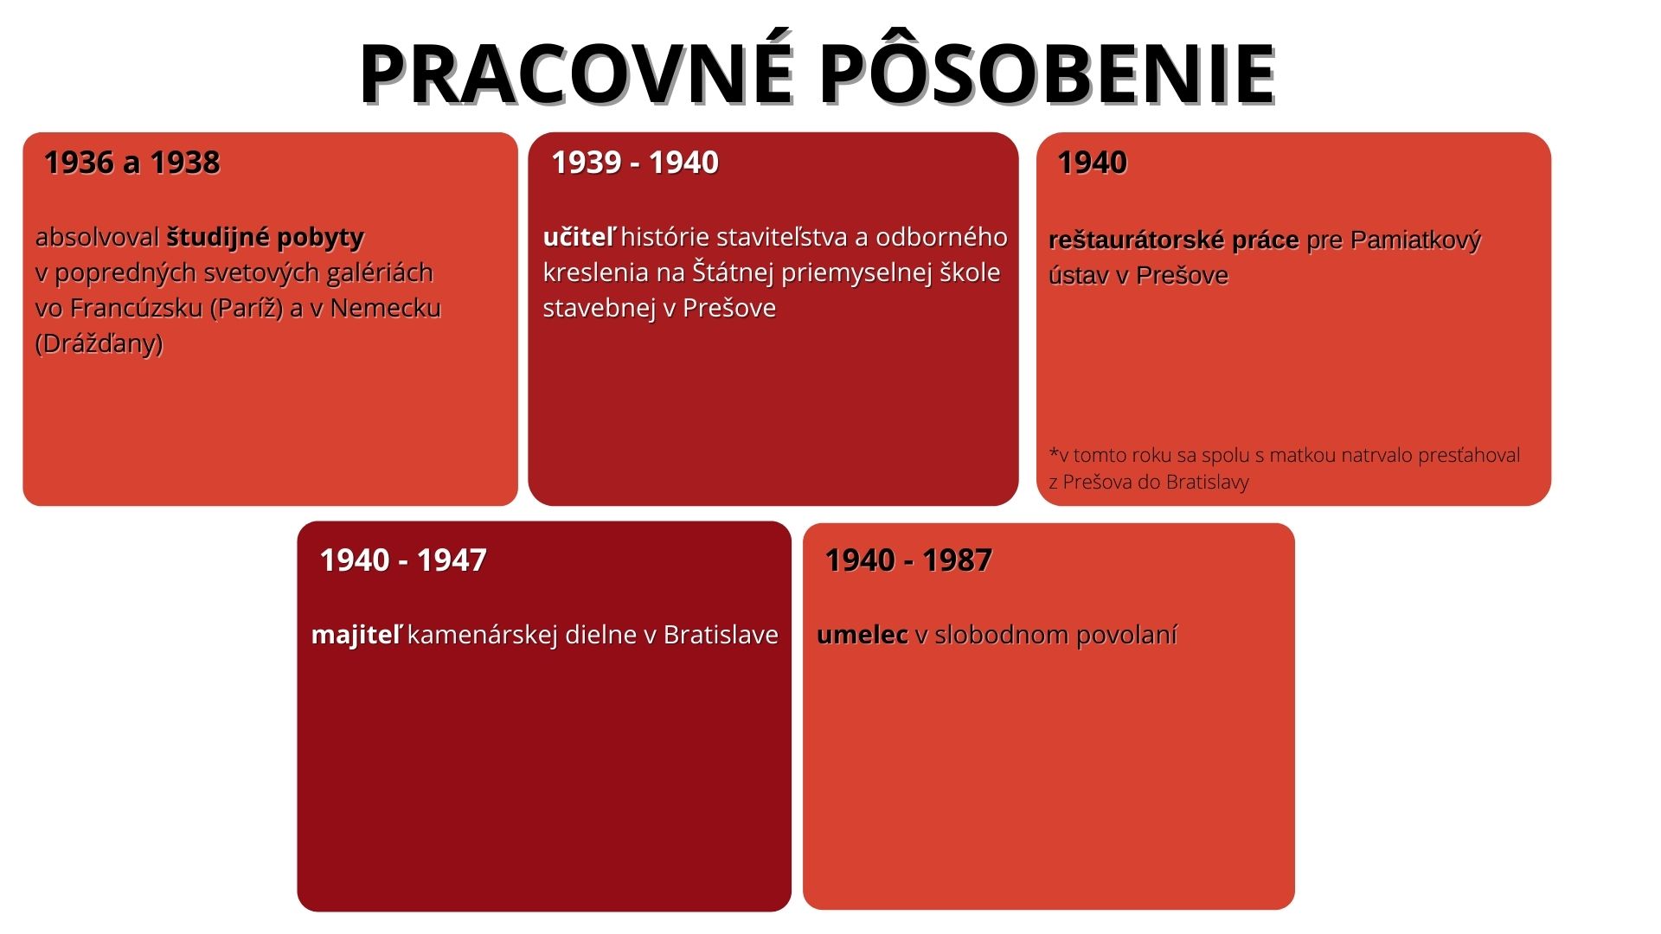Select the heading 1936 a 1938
(x=131, y=163)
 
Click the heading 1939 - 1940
(x=635, y=163)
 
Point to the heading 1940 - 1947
(x=403, y=560)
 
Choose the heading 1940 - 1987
(x=908, y=560)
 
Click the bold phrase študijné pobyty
(x=265, y=238)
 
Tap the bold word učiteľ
(x=580, y=237)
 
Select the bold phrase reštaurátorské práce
(x=1174, y=240)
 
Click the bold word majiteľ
(x=356, y=636)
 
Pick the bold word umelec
(x=863, y=636)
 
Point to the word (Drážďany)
(x=99, y=344)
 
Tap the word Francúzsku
(x=136, y=309)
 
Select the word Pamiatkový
(x=1415, y=240)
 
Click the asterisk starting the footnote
(x=1054, y=453)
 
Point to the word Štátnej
(x=734, y=273)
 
